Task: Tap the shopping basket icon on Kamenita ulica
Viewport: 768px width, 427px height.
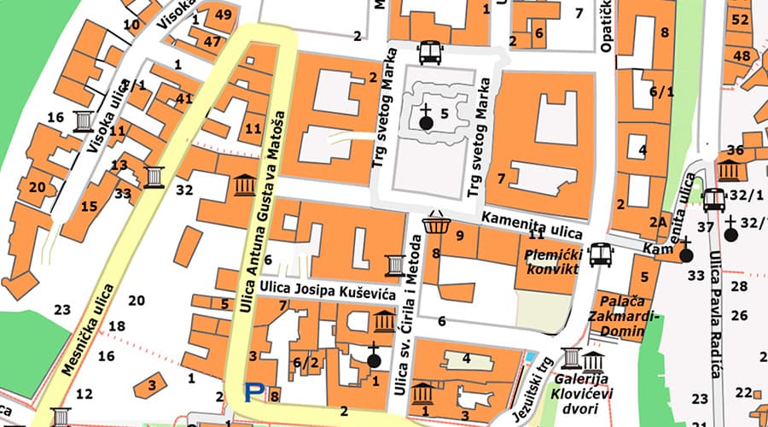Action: coord(436,224)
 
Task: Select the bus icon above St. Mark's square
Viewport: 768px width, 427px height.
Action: coord(429,52)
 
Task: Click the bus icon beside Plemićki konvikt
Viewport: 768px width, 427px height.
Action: coord(602,254)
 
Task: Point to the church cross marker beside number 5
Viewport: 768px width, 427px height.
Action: coord(427,118)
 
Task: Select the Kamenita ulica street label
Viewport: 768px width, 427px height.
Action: coord(532,225)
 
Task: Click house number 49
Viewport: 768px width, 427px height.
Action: coord(224,15)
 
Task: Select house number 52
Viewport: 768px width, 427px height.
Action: coord(740,19)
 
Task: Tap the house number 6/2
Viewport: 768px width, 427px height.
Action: coord(305,363)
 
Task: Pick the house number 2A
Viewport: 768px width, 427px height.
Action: coord(658,221)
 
